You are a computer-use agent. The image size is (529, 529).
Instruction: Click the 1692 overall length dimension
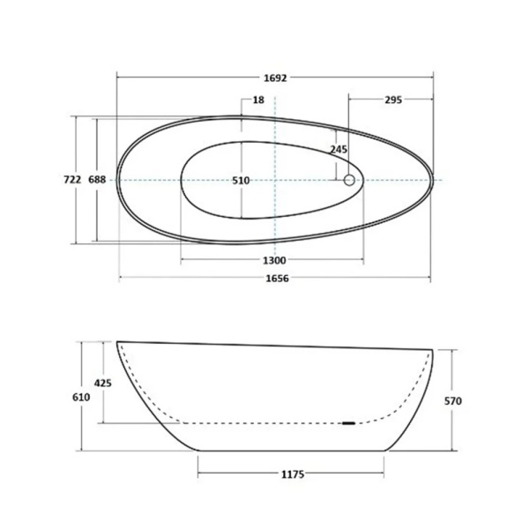tap(275, 78)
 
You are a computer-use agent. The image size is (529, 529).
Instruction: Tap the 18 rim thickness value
tap(258, 100)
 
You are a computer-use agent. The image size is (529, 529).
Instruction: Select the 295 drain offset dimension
tap(393, 100)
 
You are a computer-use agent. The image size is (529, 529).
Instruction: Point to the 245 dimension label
tap(339, 149)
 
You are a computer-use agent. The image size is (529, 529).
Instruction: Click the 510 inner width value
tap(241, 181)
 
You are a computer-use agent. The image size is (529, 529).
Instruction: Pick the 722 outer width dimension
tap(72, 180)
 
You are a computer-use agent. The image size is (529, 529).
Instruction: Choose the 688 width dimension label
tap(97, 180)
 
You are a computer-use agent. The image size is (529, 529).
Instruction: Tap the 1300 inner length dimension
tap(274, 260)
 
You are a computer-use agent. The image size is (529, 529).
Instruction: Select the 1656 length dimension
tap(278, 278)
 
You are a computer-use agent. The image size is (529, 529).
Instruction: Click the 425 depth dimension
tap(103, 383)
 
